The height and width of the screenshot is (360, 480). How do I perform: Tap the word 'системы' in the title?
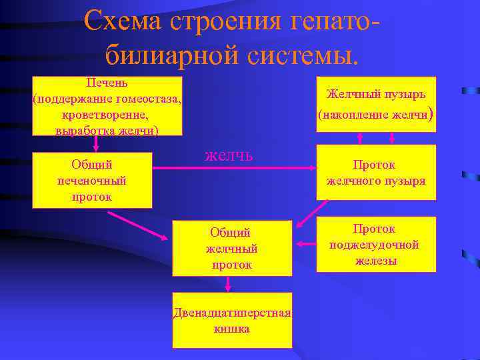tap(298, 55)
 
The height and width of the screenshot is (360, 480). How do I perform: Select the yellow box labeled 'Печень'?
tap(107, 106)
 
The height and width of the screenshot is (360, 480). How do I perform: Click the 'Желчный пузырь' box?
tap(376, 104)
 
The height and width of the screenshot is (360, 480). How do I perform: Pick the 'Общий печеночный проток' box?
tap(92, 180)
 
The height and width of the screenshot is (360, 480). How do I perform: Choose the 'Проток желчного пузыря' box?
tap(376, 172)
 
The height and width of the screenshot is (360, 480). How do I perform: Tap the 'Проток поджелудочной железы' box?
tap(376, 244)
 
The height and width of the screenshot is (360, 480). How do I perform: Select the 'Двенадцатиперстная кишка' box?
tap(232, 320)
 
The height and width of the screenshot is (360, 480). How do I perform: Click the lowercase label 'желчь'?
tap(229, 155)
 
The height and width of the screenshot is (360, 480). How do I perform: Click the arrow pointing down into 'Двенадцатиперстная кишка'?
tap(229, 284)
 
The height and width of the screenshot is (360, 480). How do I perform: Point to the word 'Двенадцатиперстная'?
tap(232, 313)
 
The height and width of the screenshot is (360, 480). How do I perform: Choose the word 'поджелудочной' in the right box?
tap(375, 244)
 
